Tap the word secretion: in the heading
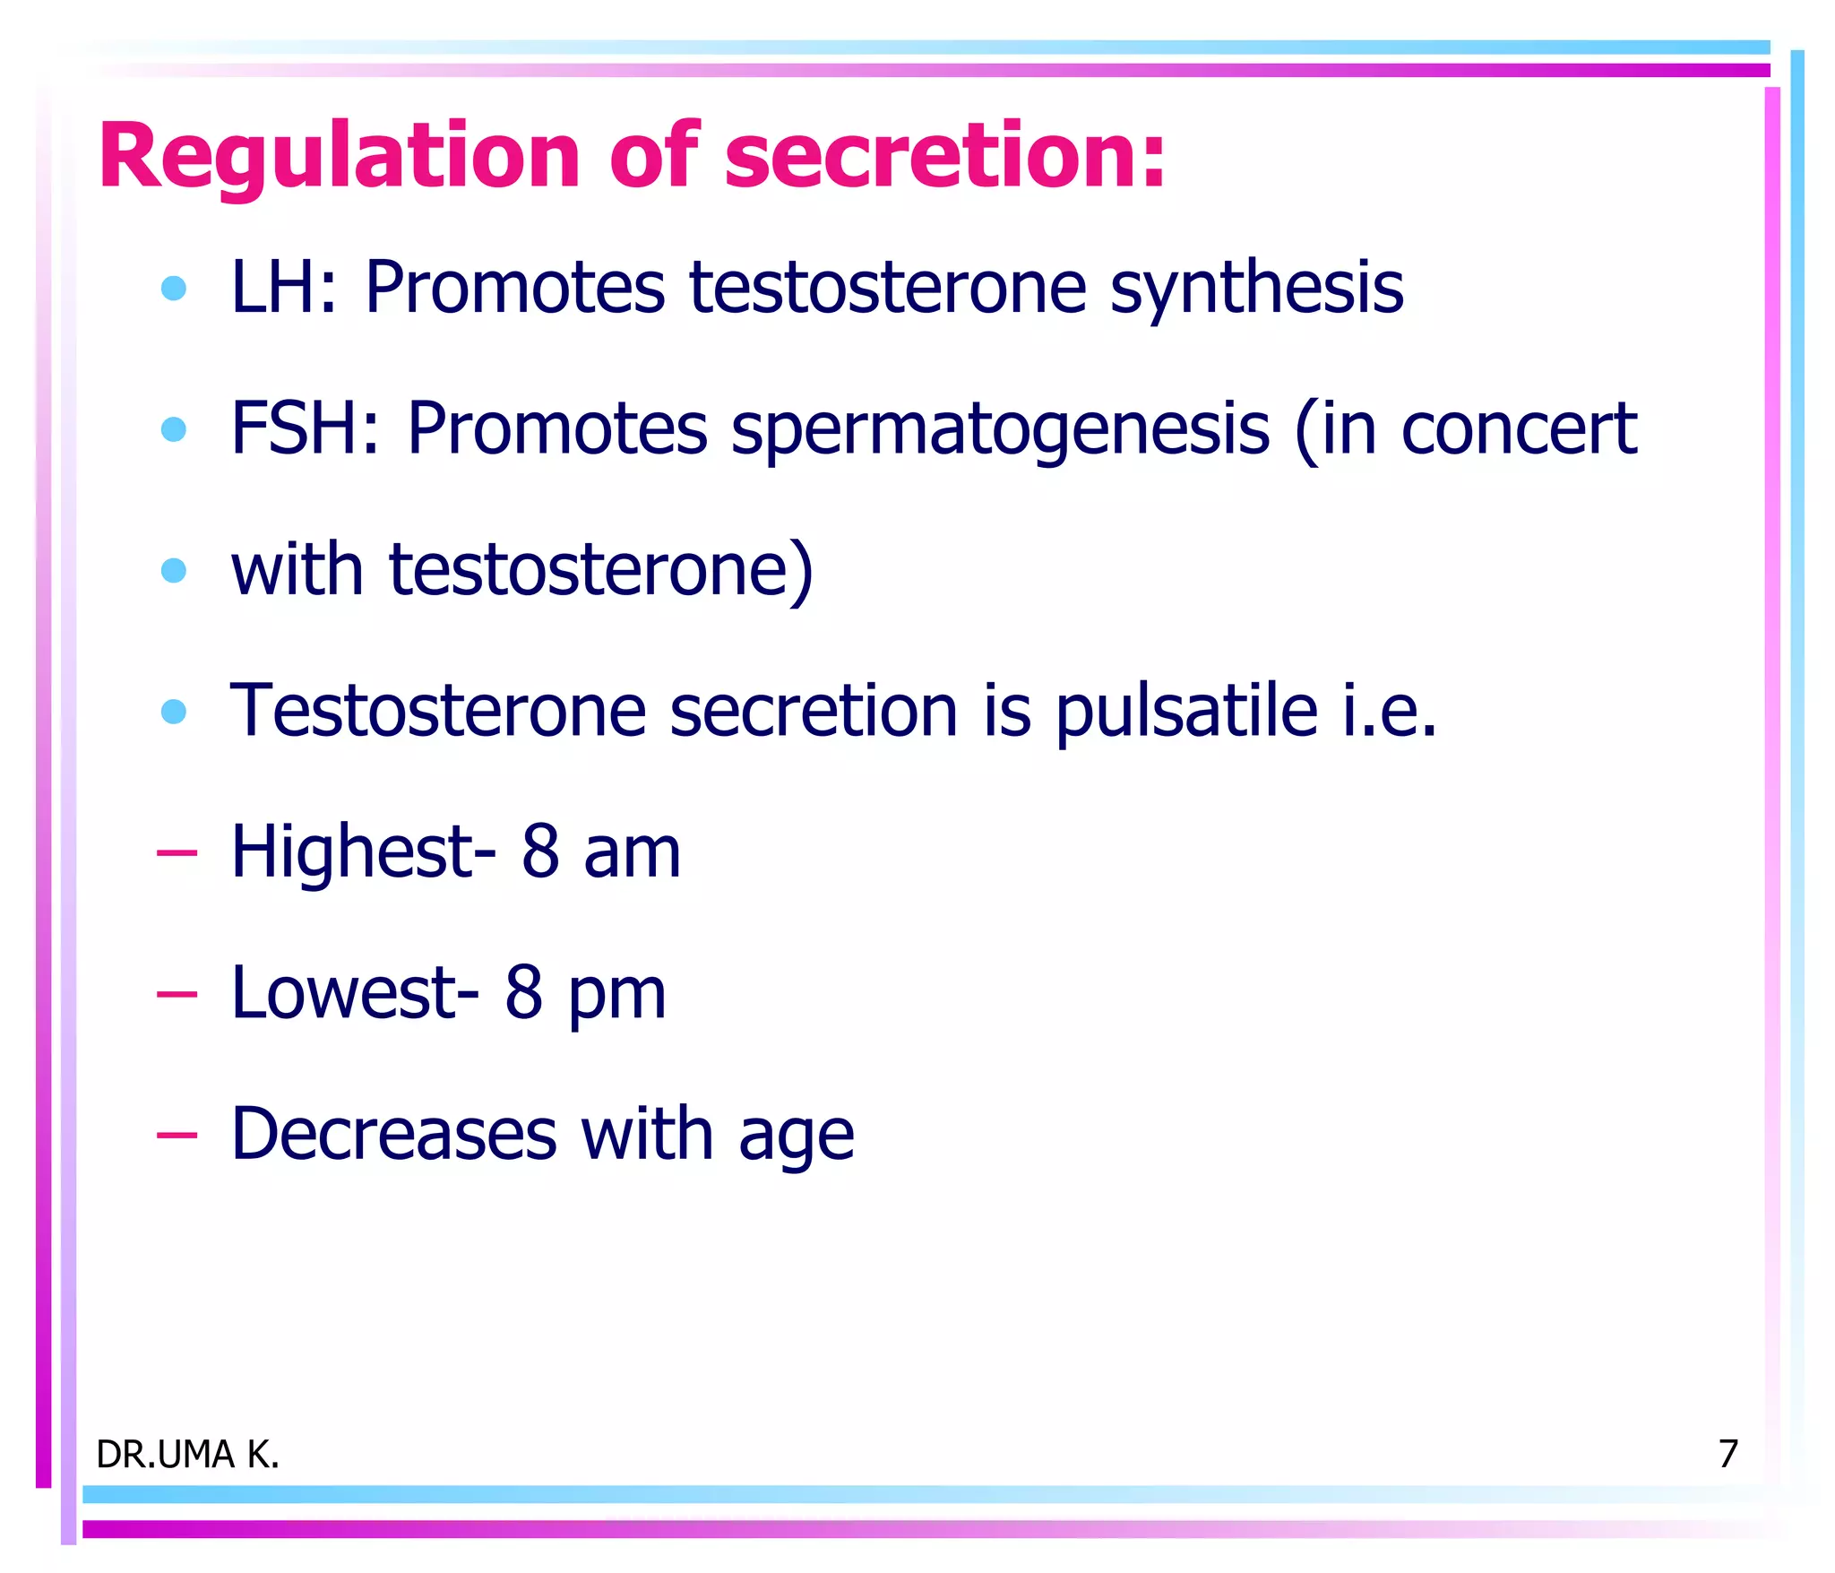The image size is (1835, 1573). coord(945,157)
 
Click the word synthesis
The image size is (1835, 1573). coord(1256,289)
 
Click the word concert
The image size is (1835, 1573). coord(1519,428)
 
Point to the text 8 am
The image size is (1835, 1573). coord(601,851)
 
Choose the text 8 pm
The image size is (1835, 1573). coord(585,993)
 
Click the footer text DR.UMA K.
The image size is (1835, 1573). coord(187,1454)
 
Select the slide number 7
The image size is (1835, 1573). coord(1727,1453)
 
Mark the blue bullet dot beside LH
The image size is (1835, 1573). coord(174,289)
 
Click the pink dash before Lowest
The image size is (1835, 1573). coord(177,993)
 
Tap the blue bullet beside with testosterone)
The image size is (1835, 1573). coord(174,570)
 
